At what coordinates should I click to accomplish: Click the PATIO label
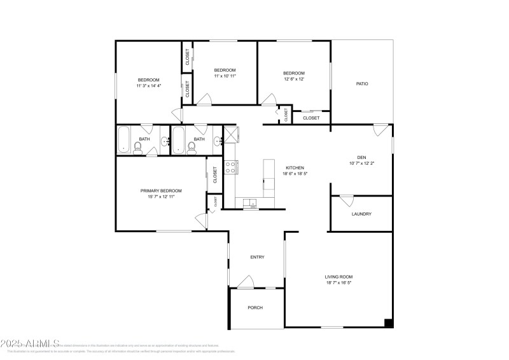(362, 83)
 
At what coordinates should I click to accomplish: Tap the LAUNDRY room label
(361, 214)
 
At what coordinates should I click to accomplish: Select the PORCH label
(255, 307)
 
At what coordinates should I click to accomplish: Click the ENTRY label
(257, 257)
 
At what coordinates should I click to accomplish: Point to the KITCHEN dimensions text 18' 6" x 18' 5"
(296, 174)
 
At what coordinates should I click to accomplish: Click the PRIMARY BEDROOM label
(161, 190)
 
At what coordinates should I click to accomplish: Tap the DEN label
(361, 156)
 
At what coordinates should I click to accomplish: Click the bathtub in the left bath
(123, 139)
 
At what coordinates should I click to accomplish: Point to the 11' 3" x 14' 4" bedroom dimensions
(148, 86)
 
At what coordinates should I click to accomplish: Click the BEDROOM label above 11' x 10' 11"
(225, 70)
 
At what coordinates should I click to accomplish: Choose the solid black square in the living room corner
(388, 323)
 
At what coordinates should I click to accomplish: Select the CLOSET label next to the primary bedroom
(215, 174)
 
